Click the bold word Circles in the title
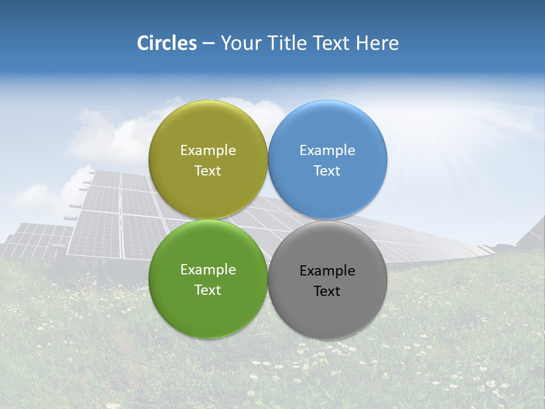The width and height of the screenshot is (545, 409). (x=166, y=43)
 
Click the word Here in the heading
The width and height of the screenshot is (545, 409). (x=377, y=43)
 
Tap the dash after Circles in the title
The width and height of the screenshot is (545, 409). (x=208, y=44)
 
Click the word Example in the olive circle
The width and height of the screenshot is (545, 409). (x=208, y=150)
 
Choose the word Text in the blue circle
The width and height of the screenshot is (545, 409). (x=327, y=170)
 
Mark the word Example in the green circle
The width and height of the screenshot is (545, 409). (x=208, y=269)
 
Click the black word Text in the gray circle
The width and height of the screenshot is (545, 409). (x=327, y=291)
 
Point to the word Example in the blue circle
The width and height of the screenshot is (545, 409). (x=327, y=150)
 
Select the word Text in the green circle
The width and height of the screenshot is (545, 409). (x=208, y=290)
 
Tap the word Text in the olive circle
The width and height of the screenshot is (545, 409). (x=208, y=170)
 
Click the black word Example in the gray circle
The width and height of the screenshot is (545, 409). (x=327, y=270)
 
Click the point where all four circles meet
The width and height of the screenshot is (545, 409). (x=268, y=220)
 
